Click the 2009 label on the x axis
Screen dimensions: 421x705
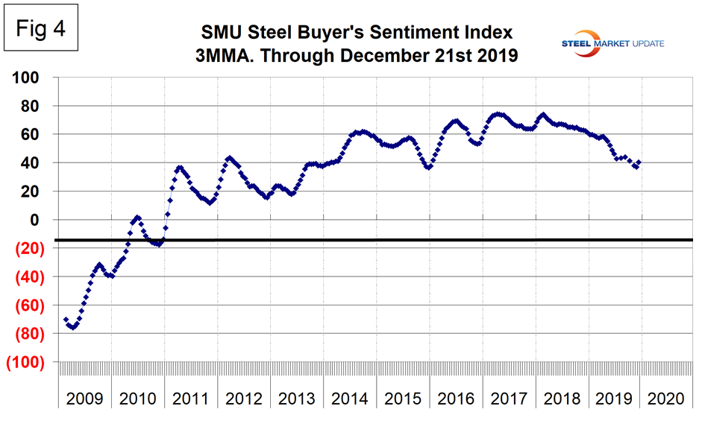tap(86, 398)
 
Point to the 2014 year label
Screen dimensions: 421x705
tap(350, 398)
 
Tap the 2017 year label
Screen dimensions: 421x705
tap(509, 398)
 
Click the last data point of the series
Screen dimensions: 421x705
tap(639, 162)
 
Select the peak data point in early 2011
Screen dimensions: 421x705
tap(179, 168)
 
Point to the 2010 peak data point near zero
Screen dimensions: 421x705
tap(137, 217)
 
